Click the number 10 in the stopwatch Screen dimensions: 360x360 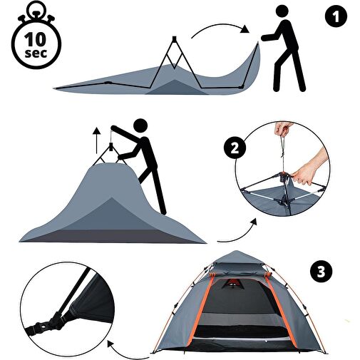36,39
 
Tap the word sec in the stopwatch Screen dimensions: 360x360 36,53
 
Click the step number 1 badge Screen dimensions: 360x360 336,16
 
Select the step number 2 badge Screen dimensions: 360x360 235,148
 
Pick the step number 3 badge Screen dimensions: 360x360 322,271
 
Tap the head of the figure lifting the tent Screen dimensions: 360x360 140,125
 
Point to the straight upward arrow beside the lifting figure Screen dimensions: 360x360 96,140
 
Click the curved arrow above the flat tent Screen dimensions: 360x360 220,26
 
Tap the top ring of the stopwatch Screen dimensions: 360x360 35,9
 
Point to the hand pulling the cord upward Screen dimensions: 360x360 283,128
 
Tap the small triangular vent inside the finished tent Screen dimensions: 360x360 233,284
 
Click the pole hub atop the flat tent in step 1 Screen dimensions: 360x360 174,38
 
